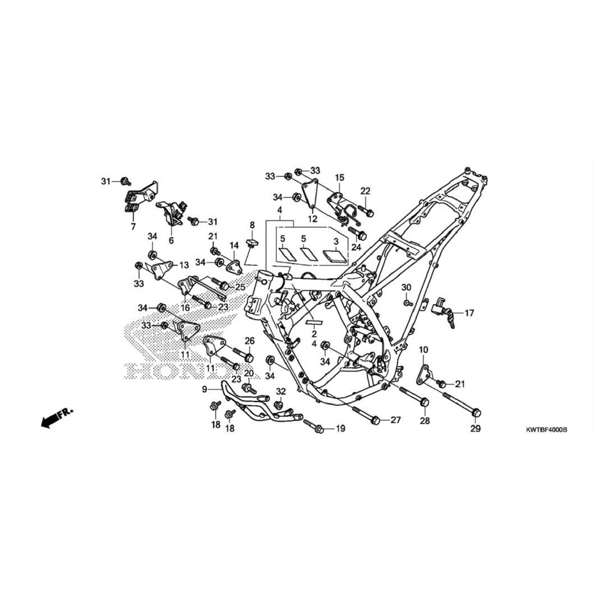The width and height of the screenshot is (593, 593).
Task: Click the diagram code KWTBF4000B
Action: tap(546, 430)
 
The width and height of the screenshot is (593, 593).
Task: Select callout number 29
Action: tap(475, 429)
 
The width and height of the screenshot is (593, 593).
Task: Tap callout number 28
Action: tap(425, 420)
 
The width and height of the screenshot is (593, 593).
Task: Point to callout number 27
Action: tap(395, 420)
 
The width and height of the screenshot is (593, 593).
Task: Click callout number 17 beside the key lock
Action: tap(469, 313)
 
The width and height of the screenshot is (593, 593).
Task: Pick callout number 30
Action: tap(406, 287)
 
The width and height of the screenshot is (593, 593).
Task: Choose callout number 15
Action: tap(339, 178)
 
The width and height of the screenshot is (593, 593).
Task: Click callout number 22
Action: tap(365, 191)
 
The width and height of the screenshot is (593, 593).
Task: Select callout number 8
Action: tap(252, 225)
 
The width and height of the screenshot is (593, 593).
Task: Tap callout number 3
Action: tap(336, 241)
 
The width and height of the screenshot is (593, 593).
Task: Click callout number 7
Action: tap(133, 227)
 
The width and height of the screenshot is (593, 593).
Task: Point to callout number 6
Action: tap(171, 240)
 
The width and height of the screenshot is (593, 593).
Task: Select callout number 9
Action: tap(205, 389)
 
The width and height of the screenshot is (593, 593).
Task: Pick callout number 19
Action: tap(340, 429)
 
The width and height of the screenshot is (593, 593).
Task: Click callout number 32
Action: tap(280, 391)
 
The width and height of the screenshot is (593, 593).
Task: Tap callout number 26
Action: tap(250, 341)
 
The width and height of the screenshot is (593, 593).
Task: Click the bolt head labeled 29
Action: tap(476, 412)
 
